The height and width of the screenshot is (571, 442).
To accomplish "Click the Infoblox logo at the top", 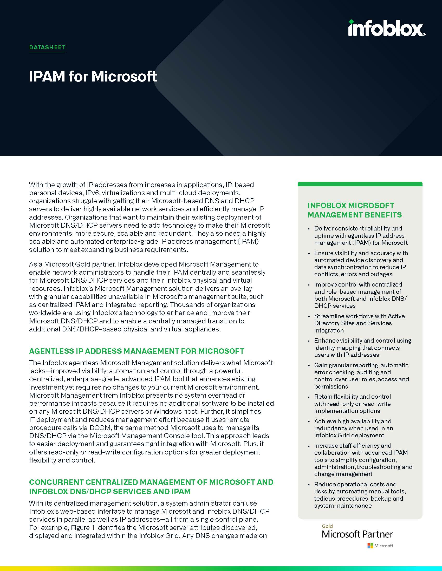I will (386, 28).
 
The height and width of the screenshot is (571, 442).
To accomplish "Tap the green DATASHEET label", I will (47, 47).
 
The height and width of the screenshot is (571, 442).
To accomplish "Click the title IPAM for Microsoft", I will (93, 77).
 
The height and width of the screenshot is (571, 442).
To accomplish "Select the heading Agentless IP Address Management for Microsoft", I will (136, 351).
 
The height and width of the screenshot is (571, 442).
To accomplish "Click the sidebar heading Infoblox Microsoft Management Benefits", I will (354, 210).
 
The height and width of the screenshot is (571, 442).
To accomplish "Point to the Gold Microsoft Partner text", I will (357, 534).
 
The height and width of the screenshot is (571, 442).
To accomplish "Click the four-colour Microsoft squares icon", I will (370, 545).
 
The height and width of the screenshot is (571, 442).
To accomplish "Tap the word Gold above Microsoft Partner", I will (327, 526).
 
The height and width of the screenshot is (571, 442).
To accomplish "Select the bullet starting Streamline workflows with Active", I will (359, 323).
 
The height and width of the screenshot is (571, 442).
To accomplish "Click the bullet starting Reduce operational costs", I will (360, 495).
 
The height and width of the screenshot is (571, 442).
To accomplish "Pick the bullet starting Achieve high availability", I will (354, 428).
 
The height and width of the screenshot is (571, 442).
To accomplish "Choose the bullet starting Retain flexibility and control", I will (353, 404).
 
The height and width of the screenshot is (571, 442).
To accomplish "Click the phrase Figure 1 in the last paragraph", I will (84, 527).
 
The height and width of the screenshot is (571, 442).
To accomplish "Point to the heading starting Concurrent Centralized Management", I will (151, 487).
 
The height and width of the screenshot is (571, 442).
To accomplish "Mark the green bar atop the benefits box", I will (360, 184).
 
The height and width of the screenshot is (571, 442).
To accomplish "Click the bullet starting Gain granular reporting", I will (361, 376).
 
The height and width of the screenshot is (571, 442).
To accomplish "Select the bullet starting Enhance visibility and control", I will (362, 348).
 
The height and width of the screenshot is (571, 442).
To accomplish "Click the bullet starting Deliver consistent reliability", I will (361, 236).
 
